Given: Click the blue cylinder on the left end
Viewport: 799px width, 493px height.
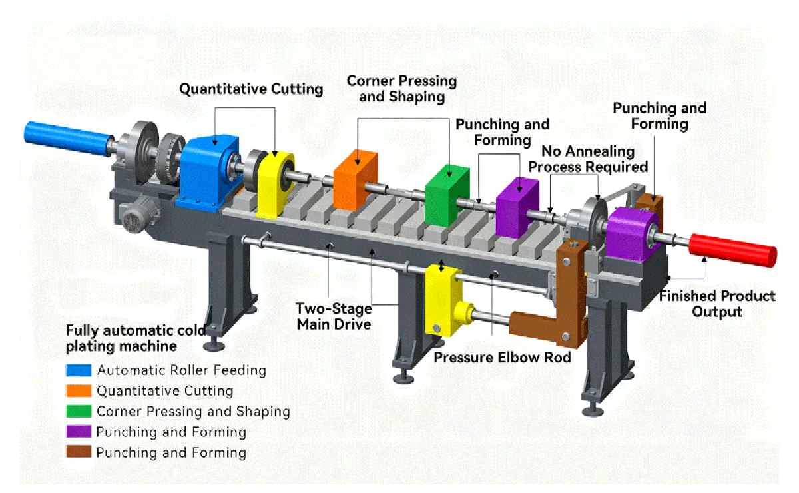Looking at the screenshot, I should coord(67,136).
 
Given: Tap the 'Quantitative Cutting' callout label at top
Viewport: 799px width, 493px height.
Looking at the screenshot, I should coord(251,89).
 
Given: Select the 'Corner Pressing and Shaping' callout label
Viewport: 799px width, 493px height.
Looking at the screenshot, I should coord(401,89).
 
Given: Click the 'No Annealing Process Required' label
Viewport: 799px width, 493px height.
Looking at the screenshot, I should coord(588,159).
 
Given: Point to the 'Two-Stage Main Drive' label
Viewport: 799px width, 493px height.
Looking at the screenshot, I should coord(334,316).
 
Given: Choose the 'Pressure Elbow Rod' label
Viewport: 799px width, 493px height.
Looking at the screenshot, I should coord(502,357).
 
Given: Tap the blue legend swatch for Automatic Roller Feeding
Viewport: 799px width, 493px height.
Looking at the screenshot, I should coord(75,370).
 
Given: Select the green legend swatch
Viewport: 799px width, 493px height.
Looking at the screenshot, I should coord(75,412).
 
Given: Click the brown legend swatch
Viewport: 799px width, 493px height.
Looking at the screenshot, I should coord(75,453).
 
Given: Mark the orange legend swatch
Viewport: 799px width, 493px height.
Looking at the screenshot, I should coord(75,391).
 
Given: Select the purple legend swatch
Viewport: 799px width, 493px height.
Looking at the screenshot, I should coord(75,432).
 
